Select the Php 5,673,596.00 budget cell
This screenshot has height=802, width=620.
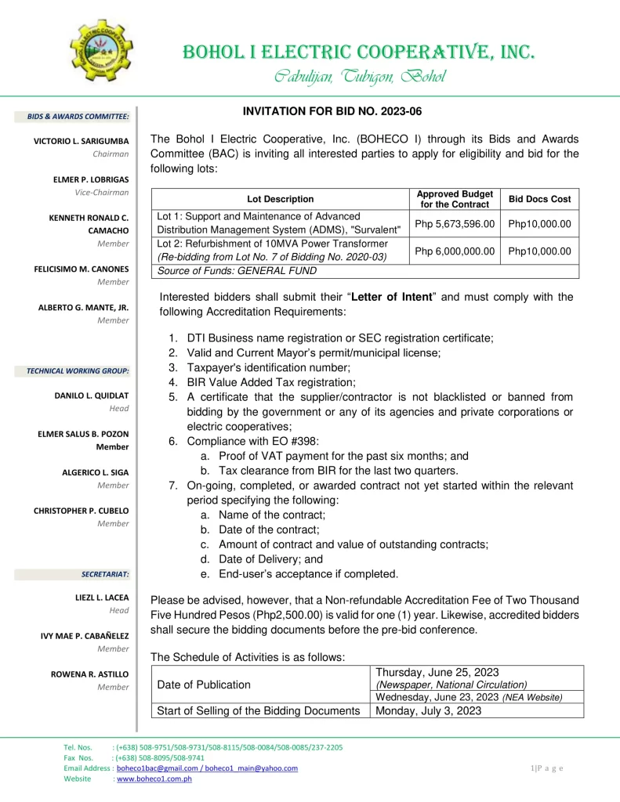point(455,223)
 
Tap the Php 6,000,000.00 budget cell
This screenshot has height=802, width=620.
point(455,251)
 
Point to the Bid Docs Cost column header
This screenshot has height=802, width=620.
point(540,199)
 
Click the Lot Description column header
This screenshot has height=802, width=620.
point(280,199)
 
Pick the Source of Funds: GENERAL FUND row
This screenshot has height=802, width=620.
point(237,271)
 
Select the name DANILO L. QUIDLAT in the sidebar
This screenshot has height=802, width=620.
point(92,396)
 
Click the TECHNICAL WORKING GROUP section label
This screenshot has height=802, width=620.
point(78,370)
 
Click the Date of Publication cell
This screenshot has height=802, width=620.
point(204,685)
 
